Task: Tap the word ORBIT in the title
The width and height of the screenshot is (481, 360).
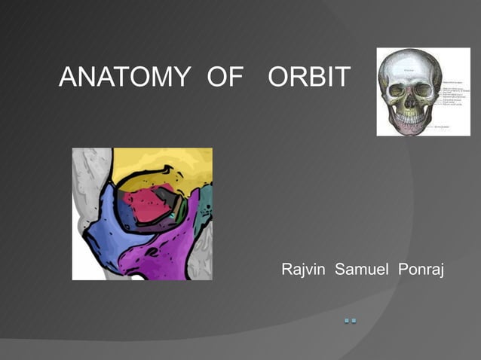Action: (x=309, y=77)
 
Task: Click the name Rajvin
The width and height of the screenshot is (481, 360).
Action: (x=304, y=269)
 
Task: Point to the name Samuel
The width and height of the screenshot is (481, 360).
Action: (x=360, y=269)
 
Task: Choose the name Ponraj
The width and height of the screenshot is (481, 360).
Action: (x=418, y=269)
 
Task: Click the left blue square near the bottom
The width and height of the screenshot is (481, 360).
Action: (x=347, y=322)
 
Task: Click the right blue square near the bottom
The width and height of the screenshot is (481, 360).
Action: (x=354, y=322)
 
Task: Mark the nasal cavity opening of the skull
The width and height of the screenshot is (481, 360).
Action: (x=410, y=102)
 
